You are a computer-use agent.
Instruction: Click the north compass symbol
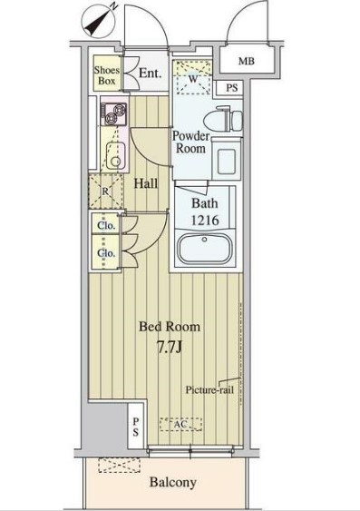pos(99,21)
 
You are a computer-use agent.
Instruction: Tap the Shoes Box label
pos(107,75)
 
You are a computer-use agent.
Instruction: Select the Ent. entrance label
pos(150,73)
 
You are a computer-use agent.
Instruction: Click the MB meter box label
pos(247,61)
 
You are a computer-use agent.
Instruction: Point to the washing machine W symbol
pos(193,78)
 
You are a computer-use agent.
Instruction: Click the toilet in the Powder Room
pos(223,120)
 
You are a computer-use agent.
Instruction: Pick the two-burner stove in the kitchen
pos(113,114)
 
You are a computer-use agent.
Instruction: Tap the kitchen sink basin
pos(115,156)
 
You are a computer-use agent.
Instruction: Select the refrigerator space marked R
pos(105,192)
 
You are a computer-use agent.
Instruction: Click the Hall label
pos(146,183)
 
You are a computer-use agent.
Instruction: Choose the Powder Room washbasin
pos(226,159)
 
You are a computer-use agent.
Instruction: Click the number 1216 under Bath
pos(205,221)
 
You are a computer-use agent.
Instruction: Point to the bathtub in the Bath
pos(205,249)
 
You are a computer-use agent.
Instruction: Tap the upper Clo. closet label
pos(106,225)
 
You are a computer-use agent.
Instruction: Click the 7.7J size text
pos(170,348)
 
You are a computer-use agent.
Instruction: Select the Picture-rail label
pos(209,389)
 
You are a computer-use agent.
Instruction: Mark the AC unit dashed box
pos(181,424)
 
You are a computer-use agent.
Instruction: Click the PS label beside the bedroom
pos(136,427)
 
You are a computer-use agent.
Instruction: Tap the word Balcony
pos(173,482)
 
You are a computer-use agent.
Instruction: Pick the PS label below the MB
pos(232,88)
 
